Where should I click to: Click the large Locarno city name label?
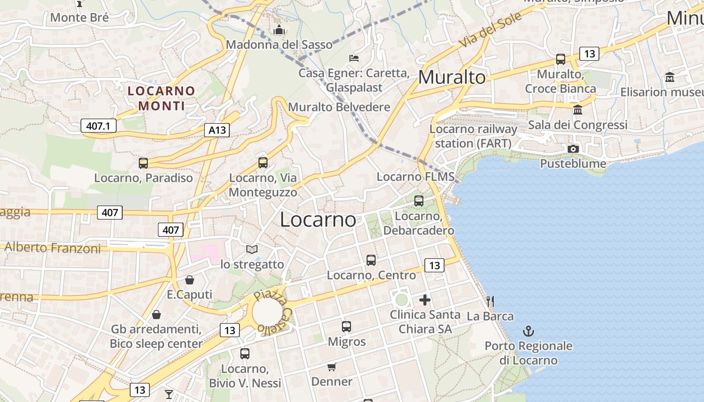(318, 220)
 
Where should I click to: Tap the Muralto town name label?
(452, 77)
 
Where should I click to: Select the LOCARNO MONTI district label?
(161, 98)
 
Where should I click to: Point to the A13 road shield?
(217, 131)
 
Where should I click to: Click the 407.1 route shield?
(98, 126)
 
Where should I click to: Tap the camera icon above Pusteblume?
(573, 149)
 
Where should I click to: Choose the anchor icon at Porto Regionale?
(528, 331)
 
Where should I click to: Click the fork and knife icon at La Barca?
(490, 301)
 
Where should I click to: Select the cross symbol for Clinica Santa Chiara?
(425, 300)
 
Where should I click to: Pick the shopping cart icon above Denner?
(331, 367)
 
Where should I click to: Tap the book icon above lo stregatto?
(252, 249)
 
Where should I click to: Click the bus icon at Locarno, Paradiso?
(143, 163)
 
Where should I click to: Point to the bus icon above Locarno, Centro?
(371, 260)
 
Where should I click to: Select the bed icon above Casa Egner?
(354, 58)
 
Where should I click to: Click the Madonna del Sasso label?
(279, 45)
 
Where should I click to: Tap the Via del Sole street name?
(490, 30)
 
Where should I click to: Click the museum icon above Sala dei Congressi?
(578, 110)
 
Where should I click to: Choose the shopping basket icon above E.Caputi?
(190, 280)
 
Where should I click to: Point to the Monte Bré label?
(79, 18)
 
